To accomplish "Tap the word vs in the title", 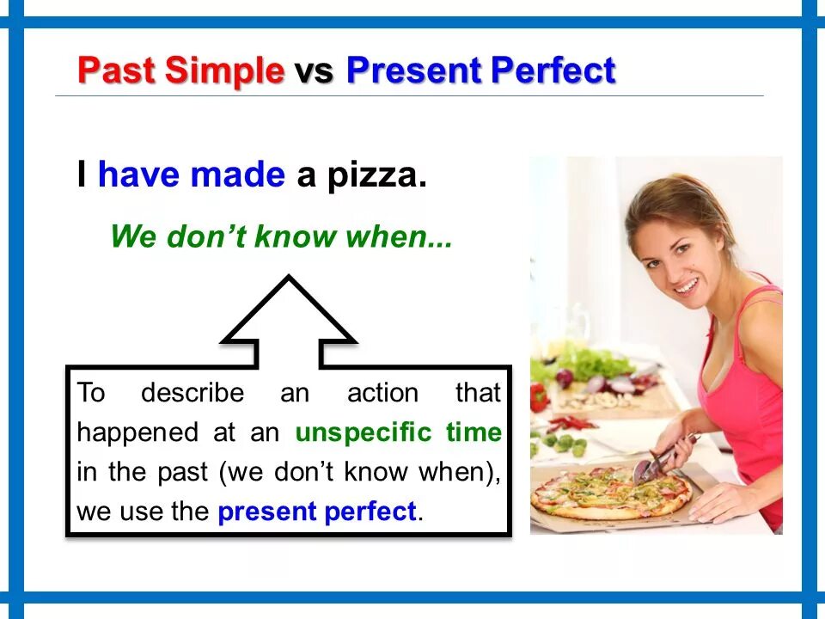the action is point(314,72).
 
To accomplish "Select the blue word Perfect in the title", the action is point(553,70).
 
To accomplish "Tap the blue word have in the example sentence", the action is point(138,175).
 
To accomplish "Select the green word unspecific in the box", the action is point(364,433).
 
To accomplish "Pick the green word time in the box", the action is point(474,432).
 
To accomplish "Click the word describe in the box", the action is point(192,393).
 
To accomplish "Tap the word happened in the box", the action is point(137,433).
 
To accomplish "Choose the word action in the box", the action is point(382,393).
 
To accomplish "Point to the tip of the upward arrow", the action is point(289,275).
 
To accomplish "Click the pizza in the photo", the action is point(610,492).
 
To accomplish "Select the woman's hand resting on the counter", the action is point(724,502).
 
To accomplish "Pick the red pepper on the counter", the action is point(540,397).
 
